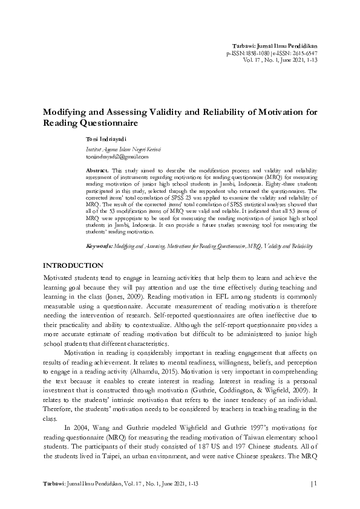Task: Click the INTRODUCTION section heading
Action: (73, 266)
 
